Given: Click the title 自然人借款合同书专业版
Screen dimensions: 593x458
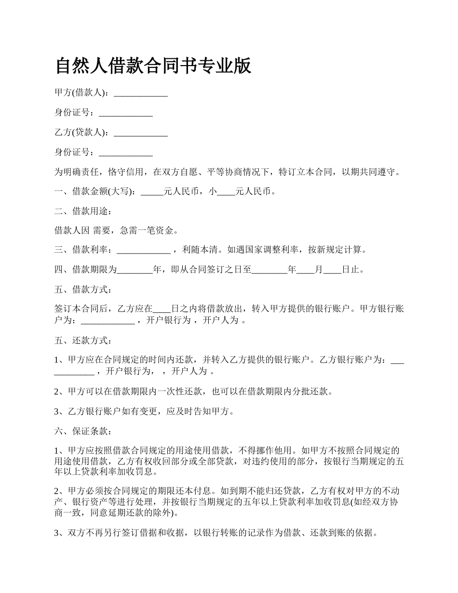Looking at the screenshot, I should tap(153, 66).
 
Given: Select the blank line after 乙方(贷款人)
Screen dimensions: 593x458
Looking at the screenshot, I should tap(140, 133).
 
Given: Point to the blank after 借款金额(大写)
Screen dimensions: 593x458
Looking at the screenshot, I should tap(152, 192).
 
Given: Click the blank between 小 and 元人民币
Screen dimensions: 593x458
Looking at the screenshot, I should tap(226, 192).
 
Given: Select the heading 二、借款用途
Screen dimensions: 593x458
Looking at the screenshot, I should tap(83, 211).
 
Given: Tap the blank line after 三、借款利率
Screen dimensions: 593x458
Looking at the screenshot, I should tap(143, 250).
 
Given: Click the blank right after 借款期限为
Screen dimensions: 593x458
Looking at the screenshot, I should tap(135, 270).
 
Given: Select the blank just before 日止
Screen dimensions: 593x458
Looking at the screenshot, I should tap(332, 270).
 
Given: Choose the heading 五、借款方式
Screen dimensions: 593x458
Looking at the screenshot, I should tap(83, 290).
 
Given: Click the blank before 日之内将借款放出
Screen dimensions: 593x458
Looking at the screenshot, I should tap(162, 309).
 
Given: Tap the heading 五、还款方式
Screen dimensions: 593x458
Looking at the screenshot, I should tap(83, 341).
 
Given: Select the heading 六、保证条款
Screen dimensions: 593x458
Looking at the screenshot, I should tap(83, 431).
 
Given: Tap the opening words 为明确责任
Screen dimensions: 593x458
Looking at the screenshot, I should tap(77, 172).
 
